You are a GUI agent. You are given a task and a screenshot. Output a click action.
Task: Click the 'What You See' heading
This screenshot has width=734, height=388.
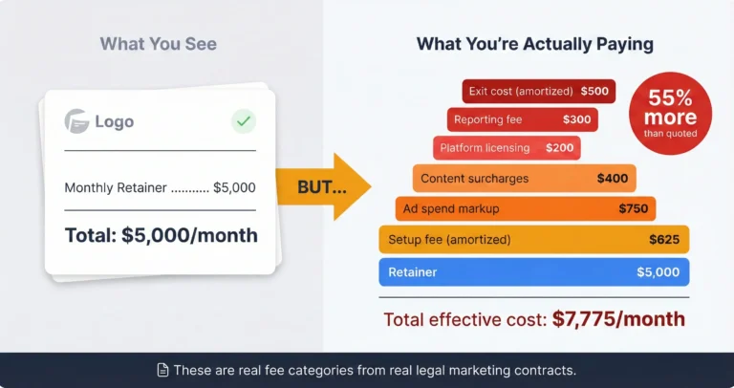point(159,43)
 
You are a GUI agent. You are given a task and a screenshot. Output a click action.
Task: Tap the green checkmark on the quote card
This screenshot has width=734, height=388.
point(243,121)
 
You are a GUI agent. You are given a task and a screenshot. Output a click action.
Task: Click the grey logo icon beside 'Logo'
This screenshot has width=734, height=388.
point(76,121)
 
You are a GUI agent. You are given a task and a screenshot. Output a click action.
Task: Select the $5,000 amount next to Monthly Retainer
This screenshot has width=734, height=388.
point(234,188)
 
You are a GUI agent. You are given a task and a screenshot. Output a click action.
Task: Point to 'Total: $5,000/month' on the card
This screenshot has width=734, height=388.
point(161,235)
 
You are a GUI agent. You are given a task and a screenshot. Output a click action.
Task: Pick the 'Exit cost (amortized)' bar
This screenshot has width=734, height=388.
point(539,92)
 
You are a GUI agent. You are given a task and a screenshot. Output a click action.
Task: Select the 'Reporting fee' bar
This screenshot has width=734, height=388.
point(522,120)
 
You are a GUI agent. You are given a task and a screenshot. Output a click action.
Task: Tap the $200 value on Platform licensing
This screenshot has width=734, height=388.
point(560,149)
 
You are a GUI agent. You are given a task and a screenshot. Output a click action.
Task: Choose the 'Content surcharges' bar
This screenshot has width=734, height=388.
point(525,179)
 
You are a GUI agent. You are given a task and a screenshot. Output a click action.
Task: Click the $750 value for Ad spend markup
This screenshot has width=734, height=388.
point(632,208)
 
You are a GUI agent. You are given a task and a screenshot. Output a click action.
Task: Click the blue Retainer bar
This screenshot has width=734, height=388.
point(533,272)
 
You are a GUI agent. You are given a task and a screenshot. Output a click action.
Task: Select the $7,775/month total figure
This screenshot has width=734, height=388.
point(618,319)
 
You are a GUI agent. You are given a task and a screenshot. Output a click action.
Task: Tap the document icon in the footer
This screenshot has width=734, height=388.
point(163,370)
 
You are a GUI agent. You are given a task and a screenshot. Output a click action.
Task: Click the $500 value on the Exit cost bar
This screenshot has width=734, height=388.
point(593,92)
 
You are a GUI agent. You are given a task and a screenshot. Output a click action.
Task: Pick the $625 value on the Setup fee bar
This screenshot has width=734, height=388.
point(663,239)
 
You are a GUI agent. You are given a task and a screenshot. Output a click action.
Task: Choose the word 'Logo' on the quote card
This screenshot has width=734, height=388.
point(115,121)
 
